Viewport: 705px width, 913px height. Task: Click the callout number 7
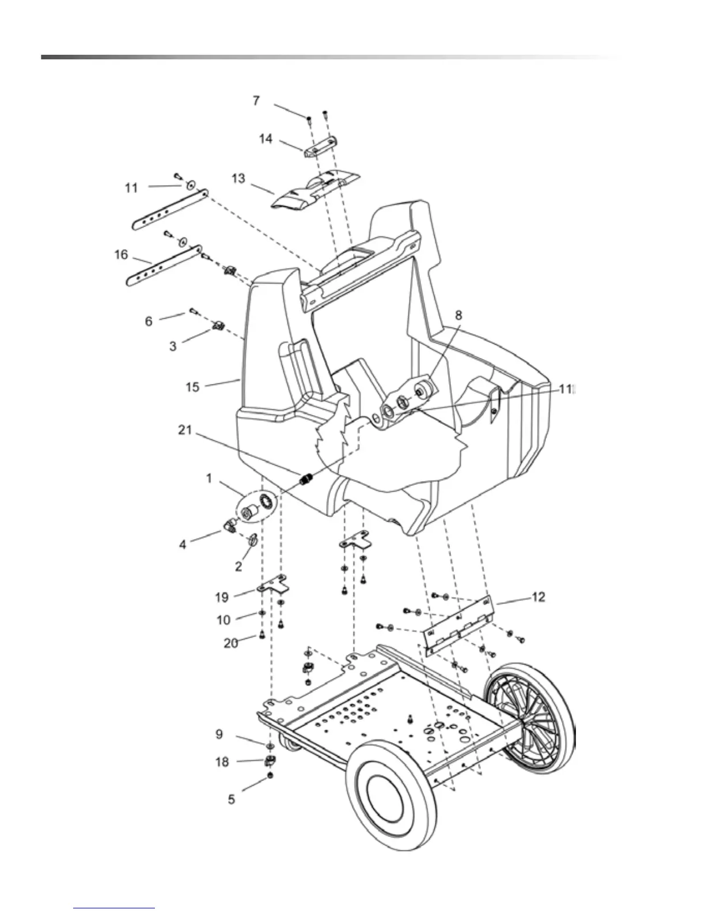[x=256, y=101]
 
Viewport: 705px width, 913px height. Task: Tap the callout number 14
[x=266, y=139]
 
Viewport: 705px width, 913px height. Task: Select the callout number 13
[x=238, y=179]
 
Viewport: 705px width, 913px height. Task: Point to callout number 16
[x=121, y=254]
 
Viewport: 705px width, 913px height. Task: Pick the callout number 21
[x=185, y=430]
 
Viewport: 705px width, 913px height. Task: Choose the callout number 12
[x=538, y=597]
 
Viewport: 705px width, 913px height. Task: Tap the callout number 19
[x=222, y=597]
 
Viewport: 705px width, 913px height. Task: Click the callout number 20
[x=231, y=643]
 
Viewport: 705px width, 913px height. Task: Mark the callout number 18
[x=222, y=762]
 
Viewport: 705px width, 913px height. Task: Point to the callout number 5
[x=232, y=799]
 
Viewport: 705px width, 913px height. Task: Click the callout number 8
[x=458, y=316]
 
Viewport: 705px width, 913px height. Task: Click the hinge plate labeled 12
[x=458, y=624]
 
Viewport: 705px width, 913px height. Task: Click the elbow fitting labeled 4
[x=229, y=525]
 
